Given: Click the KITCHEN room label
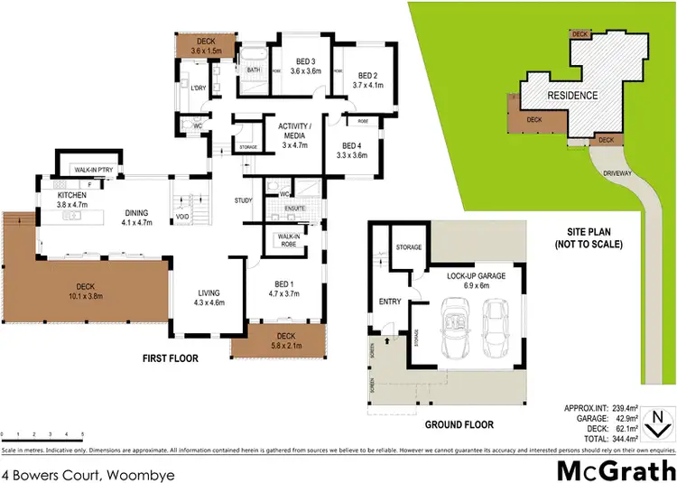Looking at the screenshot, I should tap(71, 194).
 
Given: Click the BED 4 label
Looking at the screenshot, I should tap(353, 145).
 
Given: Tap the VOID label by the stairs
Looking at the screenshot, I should tap(182, 217).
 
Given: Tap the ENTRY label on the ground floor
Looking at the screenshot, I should tap(390, 302).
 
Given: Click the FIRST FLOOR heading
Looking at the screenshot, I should tap(170, 358).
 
